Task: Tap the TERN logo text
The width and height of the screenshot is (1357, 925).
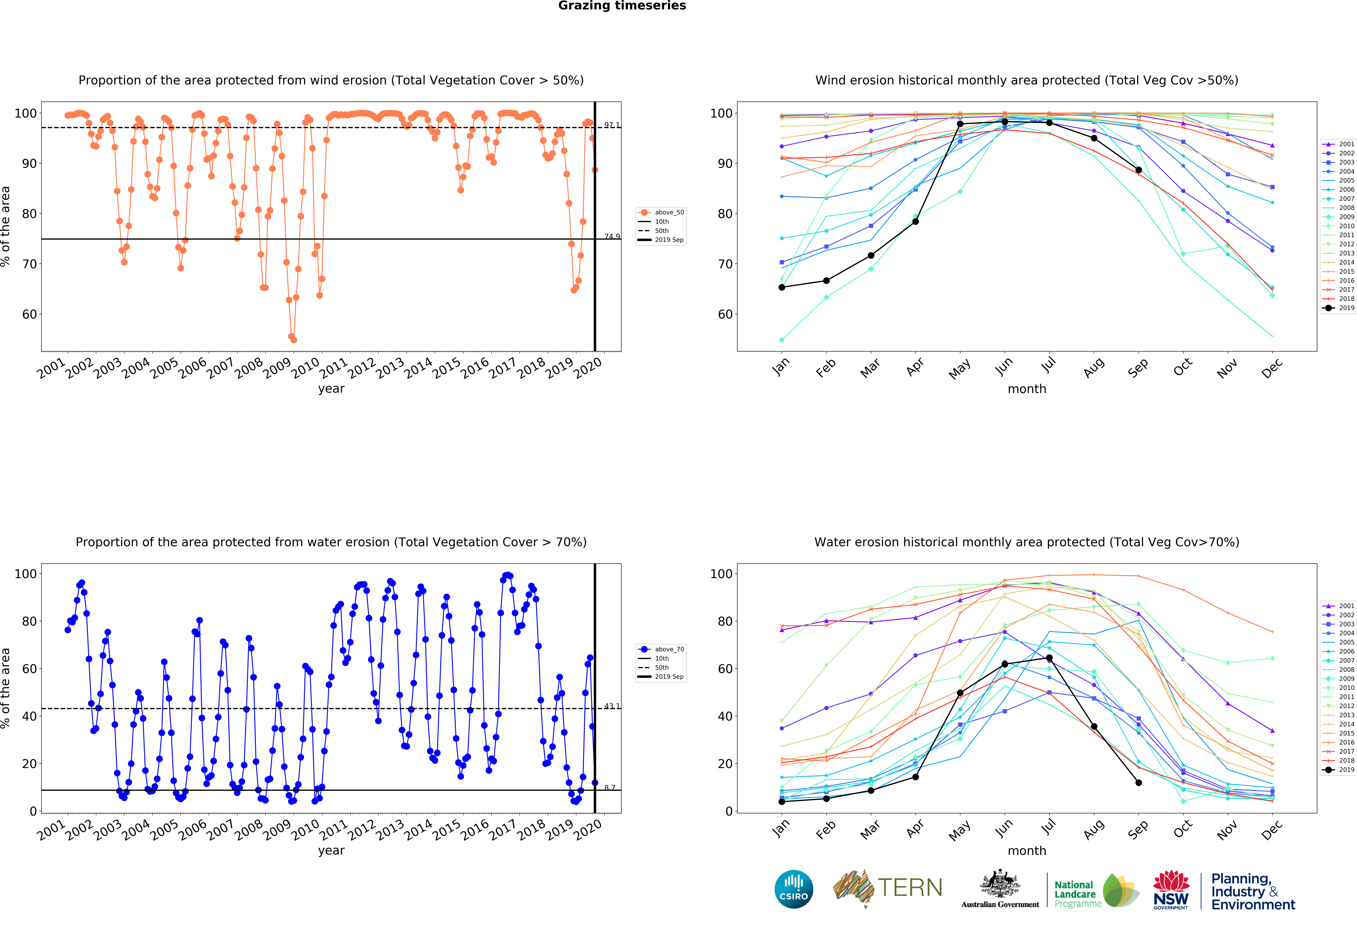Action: [x=910, y=888]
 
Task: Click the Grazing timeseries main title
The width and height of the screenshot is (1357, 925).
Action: [x=622, y=6]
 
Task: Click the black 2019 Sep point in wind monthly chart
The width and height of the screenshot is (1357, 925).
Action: [x=1139, y=170]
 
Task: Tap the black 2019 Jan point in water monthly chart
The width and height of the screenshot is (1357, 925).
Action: [x=782, y=802]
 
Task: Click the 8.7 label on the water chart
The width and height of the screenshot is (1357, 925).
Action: [x=610, y=788]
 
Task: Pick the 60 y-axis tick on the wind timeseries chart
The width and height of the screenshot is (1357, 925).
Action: [x=29, y=314]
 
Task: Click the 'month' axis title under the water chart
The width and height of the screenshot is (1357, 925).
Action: [x=1026, y=851]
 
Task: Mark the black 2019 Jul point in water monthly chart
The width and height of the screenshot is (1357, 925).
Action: [x=1049, y=658]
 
